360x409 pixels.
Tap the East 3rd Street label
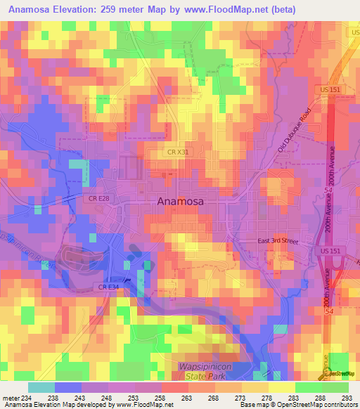coord(277,241)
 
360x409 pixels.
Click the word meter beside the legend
coord(12,398)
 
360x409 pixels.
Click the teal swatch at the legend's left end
coord(41,387)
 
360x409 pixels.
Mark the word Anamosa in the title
coord(35,9)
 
